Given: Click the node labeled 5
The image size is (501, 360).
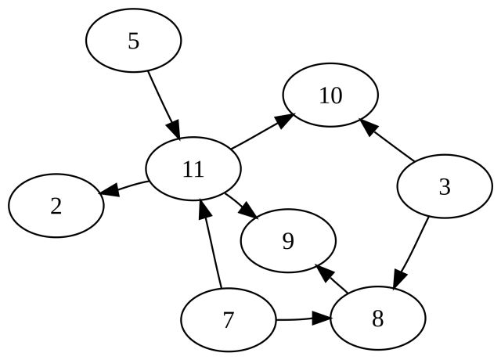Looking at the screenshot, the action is (x=134, y=40).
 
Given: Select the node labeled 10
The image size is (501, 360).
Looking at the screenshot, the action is (x=330, y=95).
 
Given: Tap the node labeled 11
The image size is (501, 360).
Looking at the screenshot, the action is (x=193, y=169).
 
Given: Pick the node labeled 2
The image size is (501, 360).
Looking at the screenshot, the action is (x=56, y=206).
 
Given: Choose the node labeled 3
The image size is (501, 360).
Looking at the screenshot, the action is (x=445, y=186).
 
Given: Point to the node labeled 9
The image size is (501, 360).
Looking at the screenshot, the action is (x=288, y=241).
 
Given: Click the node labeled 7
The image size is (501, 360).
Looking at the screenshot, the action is (x=228, y=320).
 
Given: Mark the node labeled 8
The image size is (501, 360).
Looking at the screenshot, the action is (x=377, y=319).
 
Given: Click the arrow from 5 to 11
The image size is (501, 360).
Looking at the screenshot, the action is (x=164, y=105).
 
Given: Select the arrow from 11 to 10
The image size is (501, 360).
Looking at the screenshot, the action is (x=263, y=131).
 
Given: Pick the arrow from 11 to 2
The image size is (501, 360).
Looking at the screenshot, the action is (x=124, y=188).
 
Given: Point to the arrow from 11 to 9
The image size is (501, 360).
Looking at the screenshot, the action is (x=242, y=207).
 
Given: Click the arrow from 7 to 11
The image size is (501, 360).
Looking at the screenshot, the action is (x=210, y=243).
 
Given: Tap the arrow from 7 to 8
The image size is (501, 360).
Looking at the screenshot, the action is (x=303, y=319).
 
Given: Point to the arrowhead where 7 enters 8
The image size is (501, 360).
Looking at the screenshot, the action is (x=321, y=319).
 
